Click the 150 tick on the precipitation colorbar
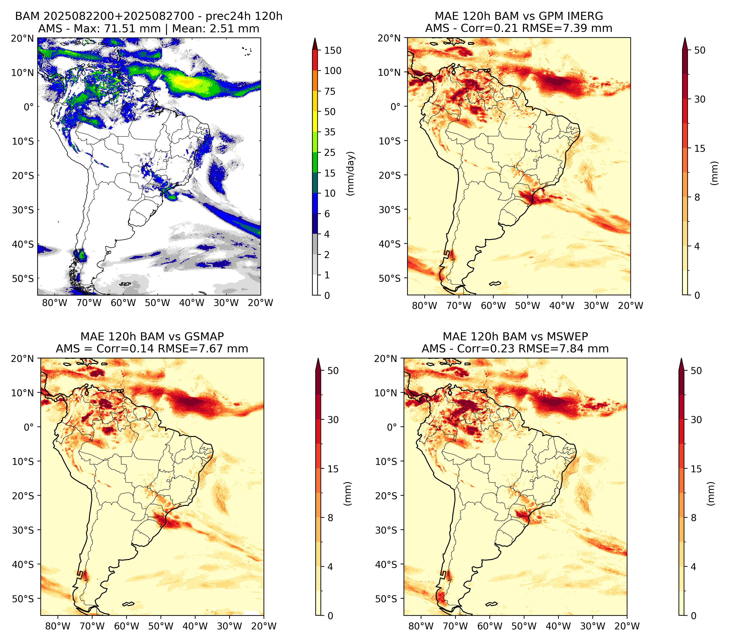click(332, 50)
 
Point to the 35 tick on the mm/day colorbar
click(330, 132)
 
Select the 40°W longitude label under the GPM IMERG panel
click(562, 306)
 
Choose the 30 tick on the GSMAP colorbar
click(333, 420)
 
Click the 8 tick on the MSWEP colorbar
click(693, 518)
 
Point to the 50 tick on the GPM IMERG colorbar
click(700, 50)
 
